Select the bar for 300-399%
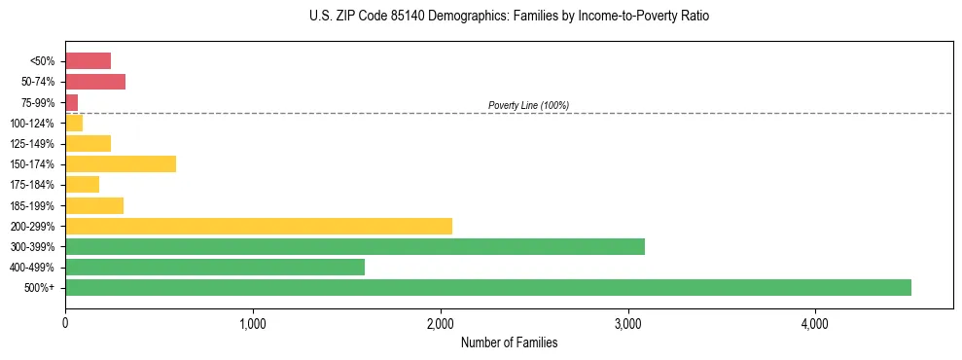[x=355, y=246]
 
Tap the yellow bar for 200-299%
[x=259, y=226]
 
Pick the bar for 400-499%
[x=215, y=267]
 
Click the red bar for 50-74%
[x=95, y=82]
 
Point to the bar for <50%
[x=88, y=61]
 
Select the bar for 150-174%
[x=121, y=164]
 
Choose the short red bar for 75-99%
[x=72, y=102]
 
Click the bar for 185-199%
[x=94, y=205]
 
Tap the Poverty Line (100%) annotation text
[x=528, y=105]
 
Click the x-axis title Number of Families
[x=509, y=342]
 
